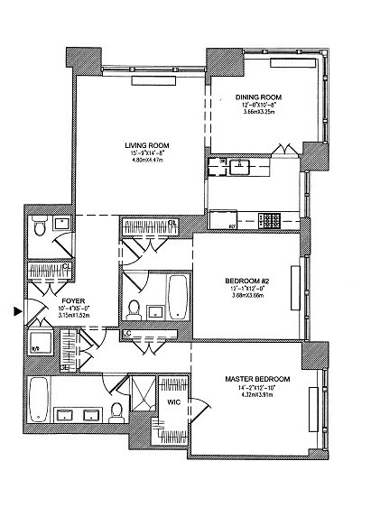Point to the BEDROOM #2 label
point(246,281)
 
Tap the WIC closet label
point(173,403)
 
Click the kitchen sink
point(238,166)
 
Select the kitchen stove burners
point(270,218)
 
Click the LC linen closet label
point(126,335)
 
